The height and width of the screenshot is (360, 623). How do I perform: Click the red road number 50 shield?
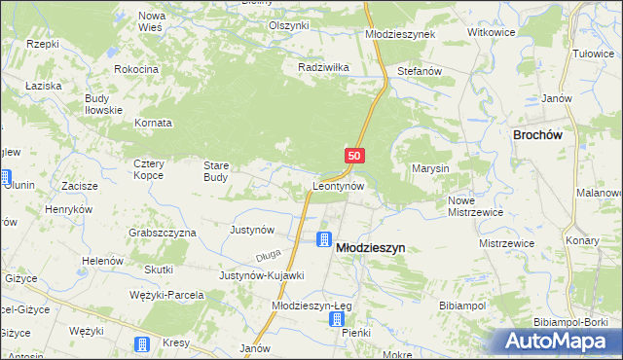(x=354, y=156)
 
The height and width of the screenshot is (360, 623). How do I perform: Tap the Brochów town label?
(x=540, y=137)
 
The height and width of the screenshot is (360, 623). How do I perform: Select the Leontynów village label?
(x=338, y=185)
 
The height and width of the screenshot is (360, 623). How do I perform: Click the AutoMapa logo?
(x=558, y=342)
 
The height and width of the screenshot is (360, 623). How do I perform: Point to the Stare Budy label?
(x=215, y=171)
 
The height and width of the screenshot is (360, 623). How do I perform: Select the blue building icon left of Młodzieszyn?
(x=323, y=239)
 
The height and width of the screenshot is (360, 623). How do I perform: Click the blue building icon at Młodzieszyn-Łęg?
(x=337, y=318)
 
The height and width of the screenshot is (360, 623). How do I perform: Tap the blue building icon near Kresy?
(x=141, y=344)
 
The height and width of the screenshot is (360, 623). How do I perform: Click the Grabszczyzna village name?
(x=163, y=234)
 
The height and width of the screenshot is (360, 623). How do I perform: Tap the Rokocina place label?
(x=136, y=70)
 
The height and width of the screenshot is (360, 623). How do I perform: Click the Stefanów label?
(x=421, y=72)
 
